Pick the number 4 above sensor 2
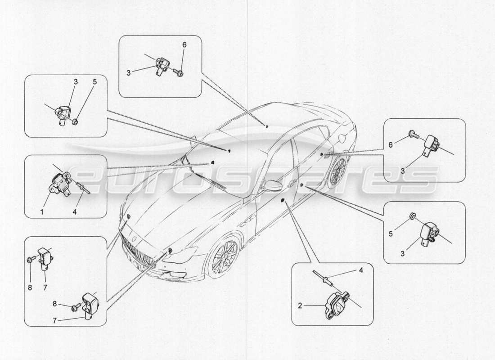[x=360, y=270]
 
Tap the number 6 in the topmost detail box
[x=184, y=45]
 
